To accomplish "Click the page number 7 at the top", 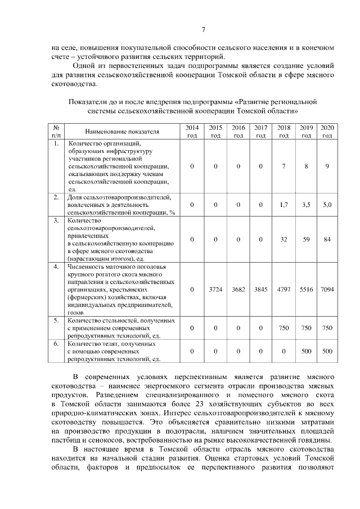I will pyautogui.click(x=204, y=30).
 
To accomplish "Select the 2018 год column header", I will pyautogui.click(x=283, y=132).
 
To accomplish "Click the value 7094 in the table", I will pyautogui.click(x=327, y=289).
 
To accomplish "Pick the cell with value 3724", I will pyautogui.click(x=215, y=289).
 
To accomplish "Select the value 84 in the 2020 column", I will pyautogui.click(x=327, y=240).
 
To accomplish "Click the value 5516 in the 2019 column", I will pyautogui.click(x=306, y=289).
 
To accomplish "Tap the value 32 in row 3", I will pyautogui.click(x=283, y=240).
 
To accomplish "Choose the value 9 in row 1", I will pyautogui.click(x=327, y=166).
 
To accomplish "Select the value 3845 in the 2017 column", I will pyautogui.click(x=260, y=289).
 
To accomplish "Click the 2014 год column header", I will pyautogui.click(x=192, y=132).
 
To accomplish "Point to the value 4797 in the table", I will pyautogui.click(x=283, y=289).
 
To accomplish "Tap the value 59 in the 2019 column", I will pyautogui.click(x=306, y=240).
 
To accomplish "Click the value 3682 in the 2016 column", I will pyautogui.click(x=238, y=289).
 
